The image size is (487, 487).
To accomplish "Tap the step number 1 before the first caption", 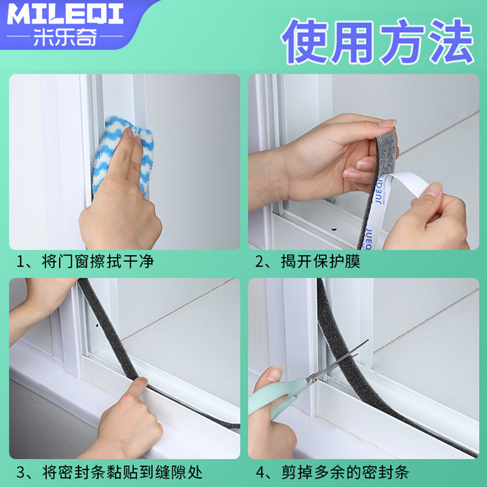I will point(21,262).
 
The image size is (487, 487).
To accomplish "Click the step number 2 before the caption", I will point(261,262).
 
